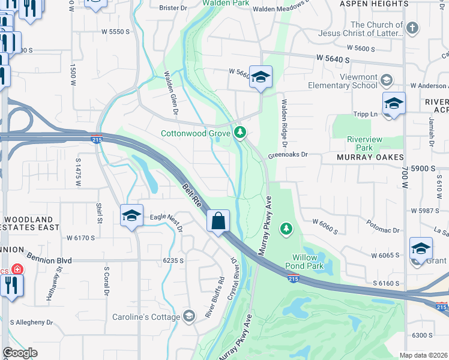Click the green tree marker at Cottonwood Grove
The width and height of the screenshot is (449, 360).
240,132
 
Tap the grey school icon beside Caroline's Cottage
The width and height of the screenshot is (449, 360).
189,316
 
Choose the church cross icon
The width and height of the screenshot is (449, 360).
412,28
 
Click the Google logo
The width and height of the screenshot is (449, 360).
20,353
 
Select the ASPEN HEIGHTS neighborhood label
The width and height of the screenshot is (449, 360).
374,4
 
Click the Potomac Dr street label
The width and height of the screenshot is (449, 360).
384,230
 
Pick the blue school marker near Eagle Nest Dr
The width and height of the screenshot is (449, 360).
132,215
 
